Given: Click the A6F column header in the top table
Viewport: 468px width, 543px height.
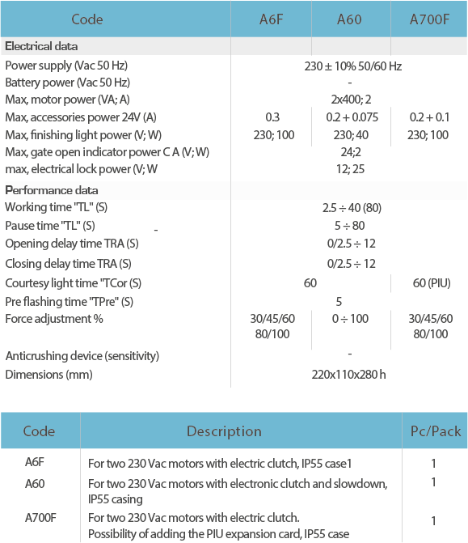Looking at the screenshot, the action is pyautogui.click(x=272, y=19).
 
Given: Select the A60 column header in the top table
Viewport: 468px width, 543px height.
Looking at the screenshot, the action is pyautogui.click(x=349, y=19).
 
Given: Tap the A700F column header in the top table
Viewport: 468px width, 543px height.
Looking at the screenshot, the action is pyautogui.click(x=429, y=19).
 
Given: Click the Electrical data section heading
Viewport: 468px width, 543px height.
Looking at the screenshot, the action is pyautogui.click(x=41, y=46).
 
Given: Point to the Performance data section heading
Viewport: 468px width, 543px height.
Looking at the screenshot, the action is pyautogui.click(x=52, y=190).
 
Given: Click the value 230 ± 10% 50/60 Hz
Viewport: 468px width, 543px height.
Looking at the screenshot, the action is pyautogui.click(x=352, y=66).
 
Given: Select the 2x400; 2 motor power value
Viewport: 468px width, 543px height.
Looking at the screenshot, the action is pyautogui.click(x=351, y=100).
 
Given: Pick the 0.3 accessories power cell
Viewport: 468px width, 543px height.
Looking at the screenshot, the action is pyautogui.click(x=272, y=117).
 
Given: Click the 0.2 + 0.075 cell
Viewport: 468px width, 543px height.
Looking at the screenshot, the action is pyautogui.click(x=352, y=117).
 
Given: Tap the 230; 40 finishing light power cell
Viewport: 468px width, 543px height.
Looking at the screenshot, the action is pyautogui.click(x=351, y=135).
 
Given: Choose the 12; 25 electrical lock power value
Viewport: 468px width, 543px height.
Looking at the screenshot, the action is pyautogui.click(x=351, y=169).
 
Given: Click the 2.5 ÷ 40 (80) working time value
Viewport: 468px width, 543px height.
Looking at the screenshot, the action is pyautogui.click(x=352, y=208).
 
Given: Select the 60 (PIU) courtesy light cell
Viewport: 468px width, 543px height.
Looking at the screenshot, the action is pyautogui.click(x=432, y=283).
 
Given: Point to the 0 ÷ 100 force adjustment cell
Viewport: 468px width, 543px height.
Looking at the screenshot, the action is pyautogui.click(x=350, y=319).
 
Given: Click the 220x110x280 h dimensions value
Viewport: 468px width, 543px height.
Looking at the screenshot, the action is pyautogui.click(x=348, y=375).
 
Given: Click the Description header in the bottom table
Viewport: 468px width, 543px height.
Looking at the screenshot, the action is pyautogui.click(x=224, y=431).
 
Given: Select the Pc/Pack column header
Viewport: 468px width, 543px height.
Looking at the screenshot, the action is pyautogui.click(x=436, y=431).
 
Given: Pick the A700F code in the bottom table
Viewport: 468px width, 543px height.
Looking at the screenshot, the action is pyautogui.click(x=40, y=518).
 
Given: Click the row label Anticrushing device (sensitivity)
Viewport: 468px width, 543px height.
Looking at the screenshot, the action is pyautogui.click(x=82, y=356).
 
